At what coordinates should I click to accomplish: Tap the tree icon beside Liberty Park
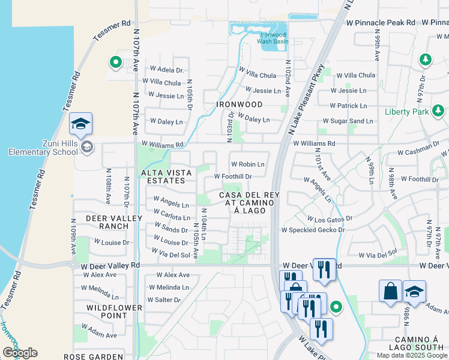tap(438, 111)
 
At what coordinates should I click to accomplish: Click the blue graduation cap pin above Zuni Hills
tap(80, 124)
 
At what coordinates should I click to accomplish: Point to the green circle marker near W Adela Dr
tap(115, 62)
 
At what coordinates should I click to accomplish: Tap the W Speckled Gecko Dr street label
tap(312, 230)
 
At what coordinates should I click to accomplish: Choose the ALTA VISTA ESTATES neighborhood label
tap(167, 176)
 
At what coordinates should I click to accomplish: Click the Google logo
tap(20, 353)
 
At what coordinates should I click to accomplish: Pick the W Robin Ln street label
tap(248, 164)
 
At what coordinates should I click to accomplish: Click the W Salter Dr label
tap(160, 299)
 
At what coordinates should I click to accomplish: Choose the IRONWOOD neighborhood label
tap(231, 104)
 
